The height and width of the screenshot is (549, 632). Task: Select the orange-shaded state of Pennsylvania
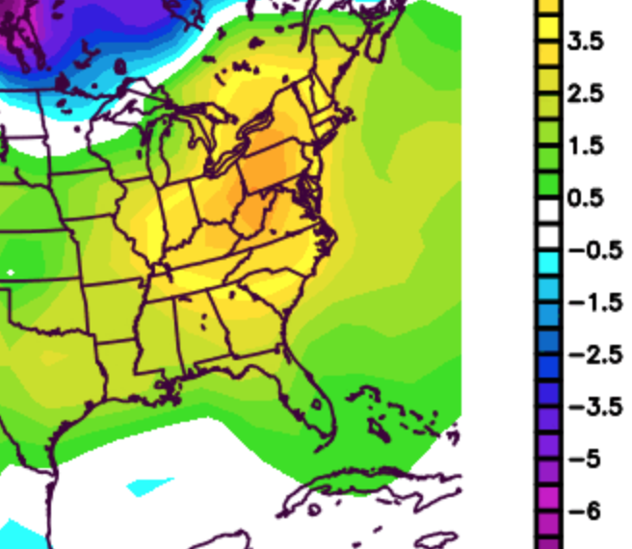pos(273,168)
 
